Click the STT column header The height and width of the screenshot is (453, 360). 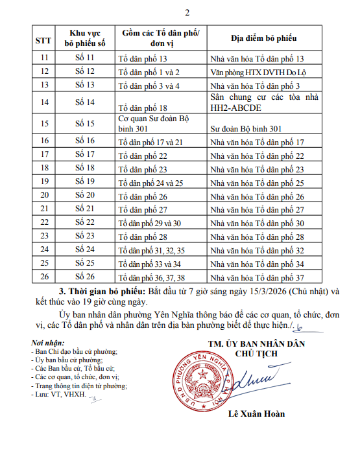click(x=44, y=40)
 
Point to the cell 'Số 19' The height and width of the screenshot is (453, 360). click(x=84, y=182)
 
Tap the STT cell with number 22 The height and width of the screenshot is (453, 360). click(x=44, y=223)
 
